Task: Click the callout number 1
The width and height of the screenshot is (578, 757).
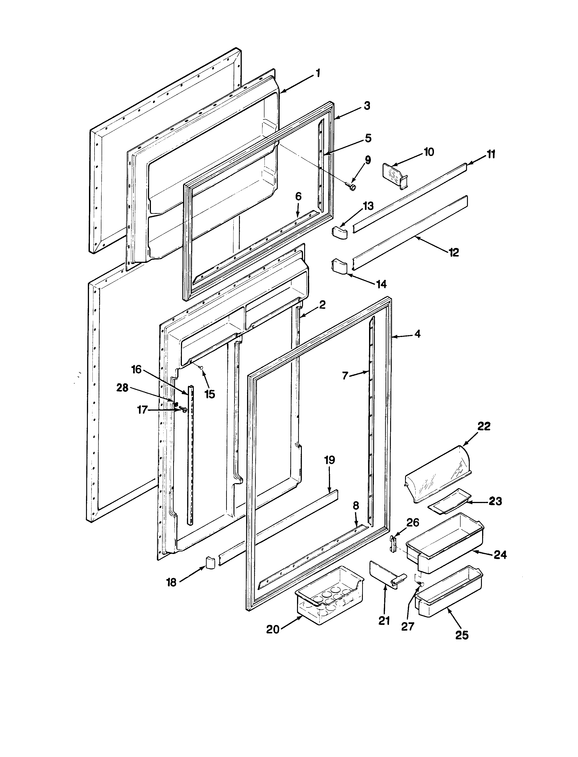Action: point(318,73)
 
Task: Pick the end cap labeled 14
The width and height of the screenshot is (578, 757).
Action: point(339,266)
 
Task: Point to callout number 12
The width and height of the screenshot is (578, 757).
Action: point(454,253)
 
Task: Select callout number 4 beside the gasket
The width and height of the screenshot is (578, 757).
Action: point(417,334)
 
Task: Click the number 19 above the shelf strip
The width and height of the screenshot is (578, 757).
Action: point(330,460)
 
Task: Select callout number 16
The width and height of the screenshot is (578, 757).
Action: point(136,370)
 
